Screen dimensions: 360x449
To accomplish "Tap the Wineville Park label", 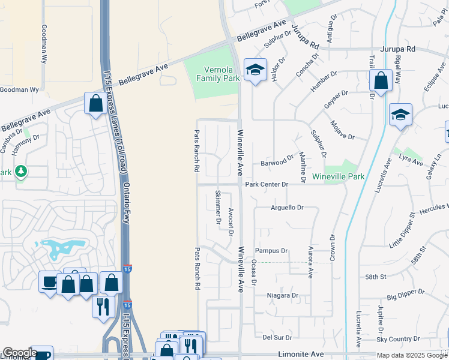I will pos(339,177).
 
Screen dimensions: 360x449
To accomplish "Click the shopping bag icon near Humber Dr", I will pos(381,80).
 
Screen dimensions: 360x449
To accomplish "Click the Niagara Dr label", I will pos(283,295).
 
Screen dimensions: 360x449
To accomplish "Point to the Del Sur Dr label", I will pos(277,337).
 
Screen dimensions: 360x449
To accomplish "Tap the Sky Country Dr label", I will pos(411,339).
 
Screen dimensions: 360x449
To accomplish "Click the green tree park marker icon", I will pos(21,172).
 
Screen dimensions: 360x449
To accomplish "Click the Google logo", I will pos(20,353).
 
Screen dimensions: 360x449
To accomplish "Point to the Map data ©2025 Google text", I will pos(411,355).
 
